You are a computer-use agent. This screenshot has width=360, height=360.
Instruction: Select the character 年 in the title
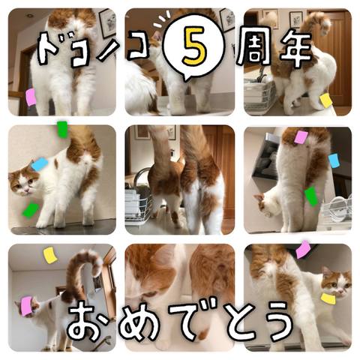tap(295, 49)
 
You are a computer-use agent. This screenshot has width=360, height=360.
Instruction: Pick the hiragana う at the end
tap(277, 322)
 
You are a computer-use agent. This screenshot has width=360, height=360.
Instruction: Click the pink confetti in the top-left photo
tap(31, 97)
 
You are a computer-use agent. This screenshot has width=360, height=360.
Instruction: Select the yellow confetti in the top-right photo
tap(325, 100)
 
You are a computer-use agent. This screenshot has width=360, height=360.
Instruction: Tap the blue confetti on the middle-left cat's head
tap(40, 164)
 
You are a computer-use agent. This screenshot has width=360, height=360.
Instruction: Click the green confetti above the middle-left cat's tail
tap(62, 130)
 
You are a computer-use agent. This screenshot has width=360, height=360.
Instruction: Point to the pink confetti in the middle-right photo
tap(301, 137)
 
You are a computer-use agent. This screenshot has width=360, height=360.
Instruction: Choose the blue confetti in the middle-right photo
tap(334, 160)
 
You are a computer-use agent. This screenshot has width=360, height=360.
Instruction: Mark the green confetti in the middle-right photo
tap(311, 196)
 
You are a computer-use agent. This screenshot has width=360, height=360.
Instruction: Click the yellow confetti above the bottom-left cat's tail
tap(50, 255)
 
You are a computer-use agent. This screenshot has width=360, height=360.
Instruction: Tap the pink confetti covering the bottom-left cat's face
tap(27, 306)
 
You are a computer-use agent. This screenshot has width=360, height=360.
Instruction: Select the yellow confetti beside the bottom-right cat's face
tap(328, 298)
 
